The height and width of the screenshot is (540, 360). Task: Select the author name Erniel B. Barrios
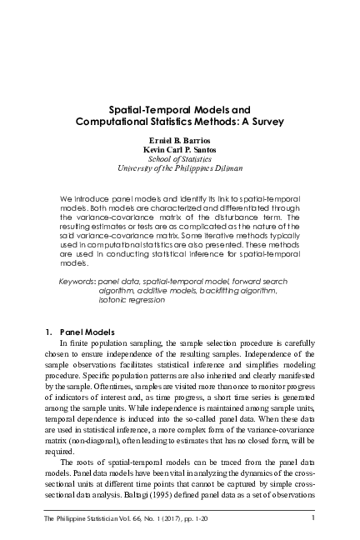(x=180, y=141)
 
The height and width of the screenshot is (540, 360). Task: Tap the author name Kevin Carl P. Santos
(x=180, y=150)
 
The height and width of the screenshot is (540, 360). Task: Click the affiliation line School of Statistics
(x=180, y=159)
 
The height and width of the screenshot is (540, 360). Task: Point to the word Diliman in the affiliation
(x=227, y=168)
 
